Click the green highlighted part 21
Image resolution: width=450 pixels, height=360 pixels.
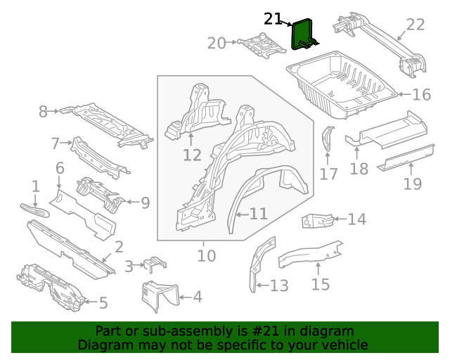pyautogui.click(x=303, y=35)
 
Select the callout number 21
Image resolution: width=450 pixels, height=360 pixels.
pyautogui.click(x=274, y=19)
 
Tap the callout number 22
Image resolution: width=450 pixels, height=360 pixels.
pyautogui.click(x=416, y=25)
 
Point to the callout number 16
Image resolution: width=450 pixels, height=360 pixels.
pyautogui.click(x=420, y=95)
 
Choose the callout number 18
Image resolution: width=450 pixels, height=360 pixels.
pyautogui.click(x=359, y=169)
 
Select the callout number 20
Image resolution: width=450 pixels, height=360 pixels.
pyautogui.click(x=217, y=44)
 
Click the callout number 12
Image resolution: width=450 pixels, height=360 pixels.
pyautogui.click(x=192, y=154)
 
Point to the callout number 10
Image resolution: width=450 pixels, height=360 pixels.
pyautogui.click(x=206, y=255)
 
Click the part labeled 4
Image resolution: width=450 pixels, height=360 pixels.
pyautogui.click(x=159, y=296)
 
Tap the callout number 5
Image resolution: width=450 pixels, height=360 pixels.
pyautogui.click(x=103, y=303)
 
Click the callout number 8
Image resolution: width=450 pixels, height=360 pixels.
pyautogui.click(x=43, y=111)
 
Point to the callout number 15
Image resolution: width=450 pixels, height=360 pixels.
pyautogui.click(x=320, y=284)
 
